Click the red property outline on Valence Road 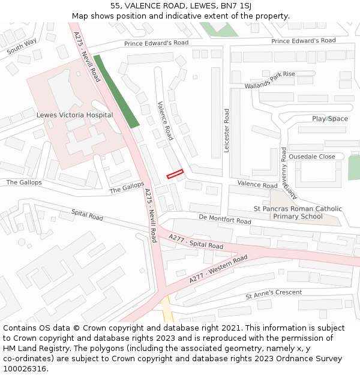(175, 174)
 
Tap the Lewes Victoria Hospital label (74, 115)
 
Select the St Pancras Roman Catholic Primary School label (298, 213)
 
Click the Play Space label (329, 119)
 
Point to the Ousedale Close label (312, 157)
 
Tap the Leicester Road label (227, 130)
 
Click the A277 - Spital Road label (196, 242)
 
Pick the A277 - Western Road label (218, 269)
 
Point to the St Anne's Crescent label (274, 295)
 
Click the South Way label (22, 46)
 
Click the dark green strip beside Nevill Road (116, 91)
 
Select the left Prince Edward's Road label (156, 43)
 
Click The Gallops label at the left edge (24, 182)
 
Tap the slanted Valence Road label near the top (165, 120)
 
